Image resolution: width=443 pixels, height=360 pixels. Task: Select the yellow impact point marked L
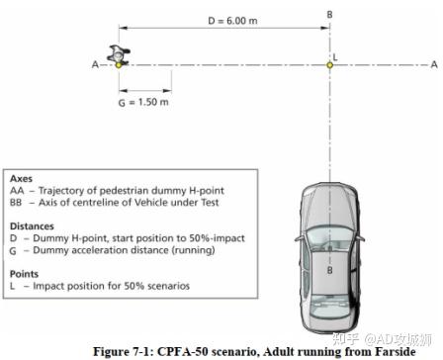(x=330, y=64)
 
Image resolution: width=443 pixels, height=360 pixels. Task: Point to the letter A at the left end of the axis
(x=94, y=64)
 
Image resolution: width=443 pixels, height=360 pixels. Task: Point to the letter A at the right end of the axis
(x=433, y=64)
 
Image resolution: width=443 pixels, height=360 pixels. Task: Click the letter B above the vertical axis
(x=330, y=13)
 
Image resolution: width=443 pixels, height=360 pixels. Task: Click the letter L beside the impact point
(x=336, y=56)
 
